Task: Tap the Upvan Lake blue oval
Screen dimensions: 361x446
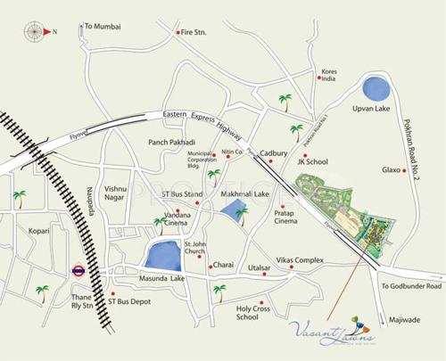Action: tap(375, 88)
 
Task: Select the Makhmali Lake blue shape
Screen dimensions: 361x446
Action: tap(235, 212)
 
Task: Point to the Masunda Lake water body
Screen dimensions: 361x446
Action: tap(165, 256)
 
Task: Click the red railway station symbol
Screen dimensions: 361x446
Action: tap(78, 270)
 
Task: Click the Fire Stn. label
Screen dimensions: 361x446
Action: tap(194, 33)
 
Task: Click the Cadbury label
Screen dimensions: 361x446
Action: tap(274, 153)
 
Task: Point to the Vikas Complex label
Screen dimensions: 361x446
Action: tap(299, 259)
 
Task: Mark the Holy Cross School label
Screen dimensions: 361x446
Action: tap(252, 313)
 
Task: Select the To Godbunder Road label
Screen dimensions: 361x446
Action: tap(411, 287)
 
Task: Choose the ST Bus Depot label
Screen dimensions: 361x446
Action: tap(133, 302)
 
